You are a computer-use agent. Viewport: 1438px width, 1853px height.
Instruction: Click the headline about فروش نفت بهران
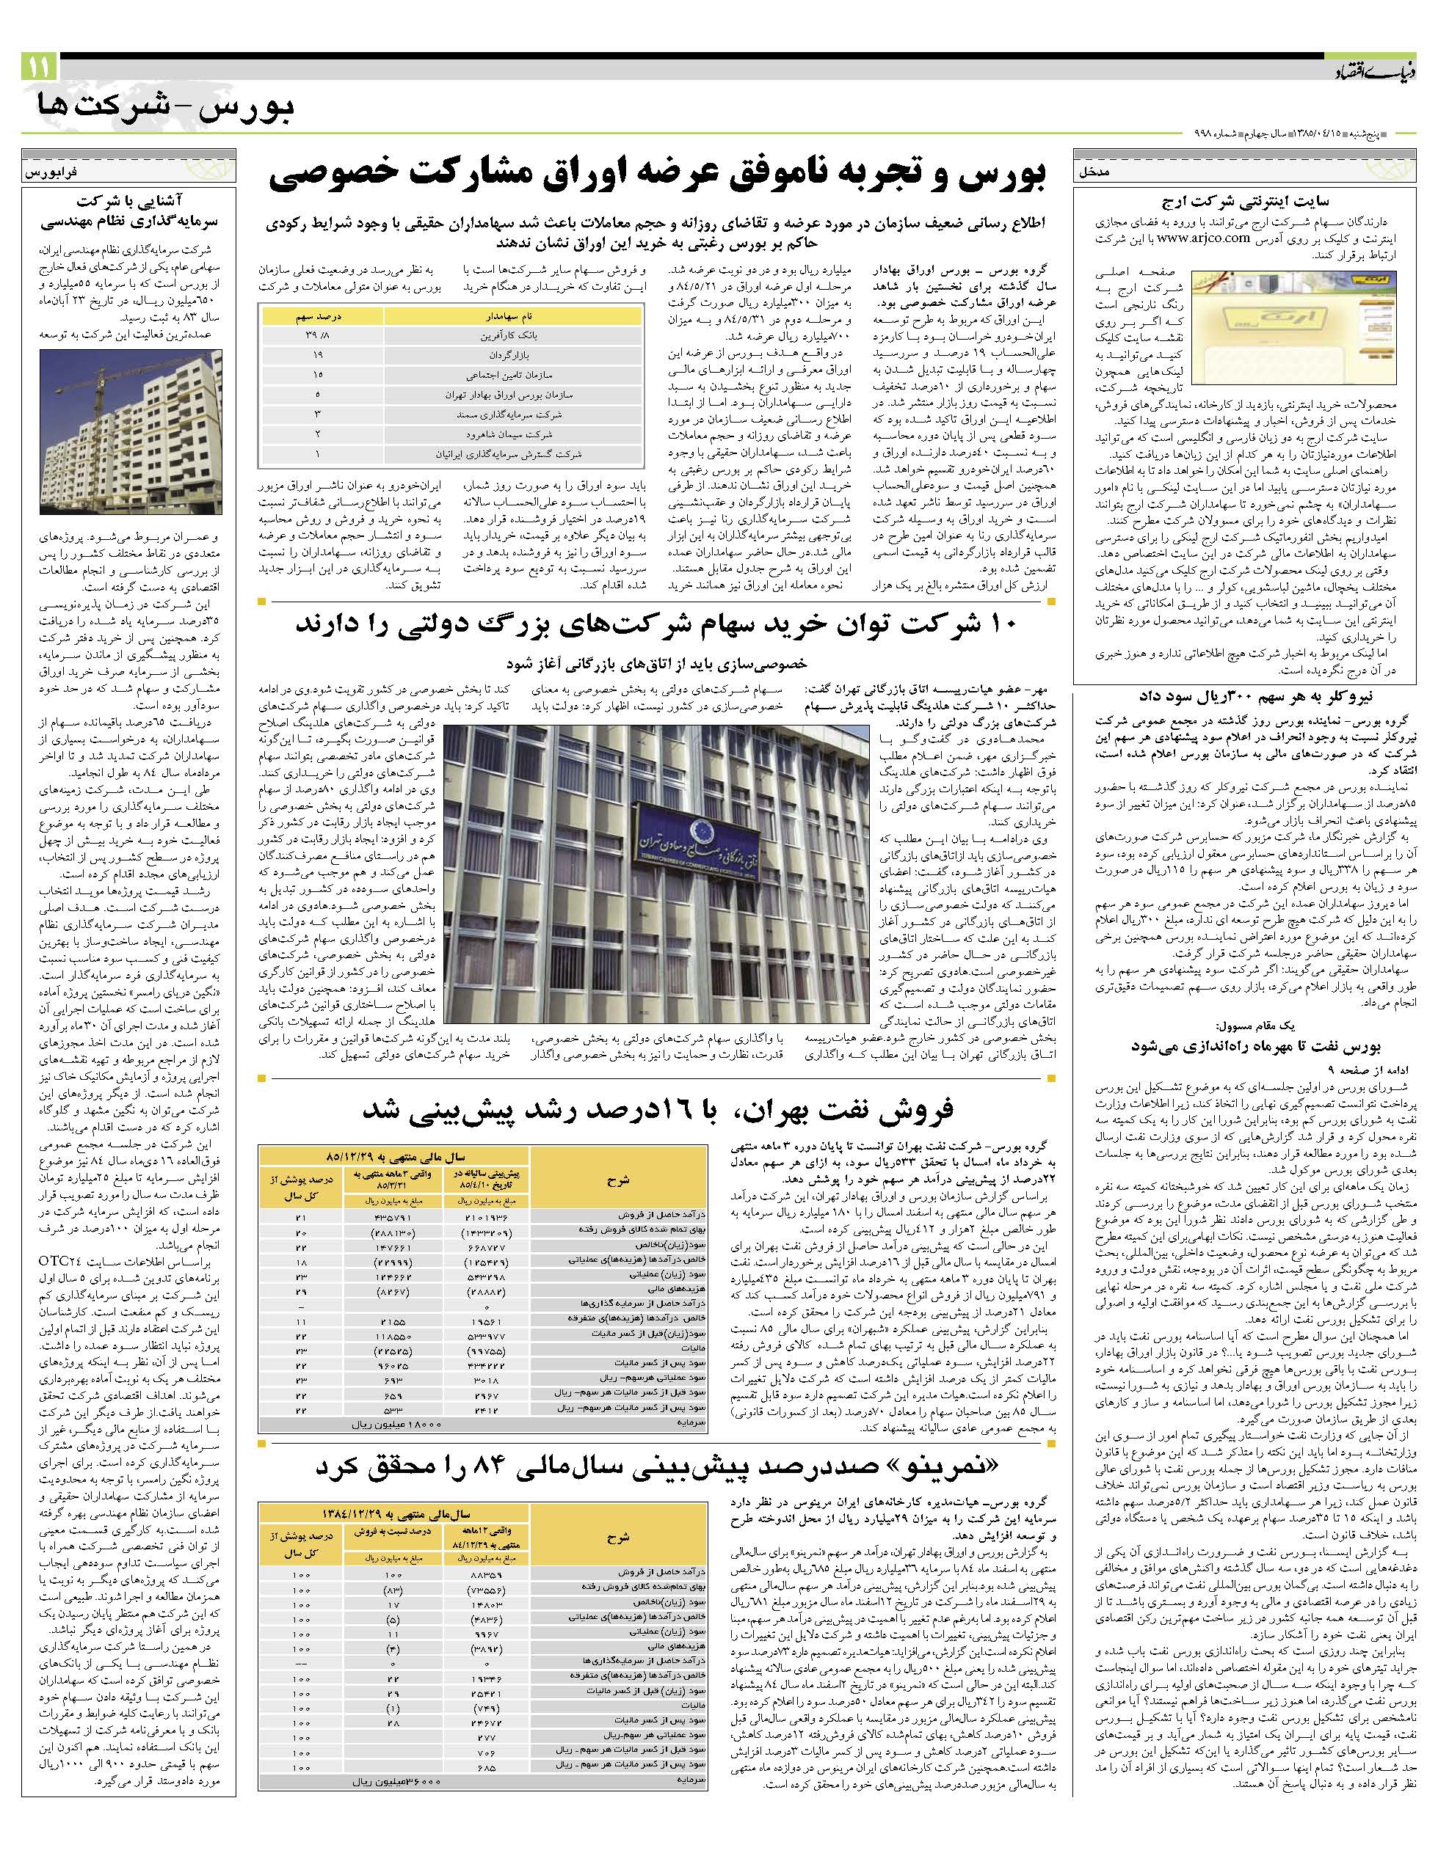click(x=658, y=1109)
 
